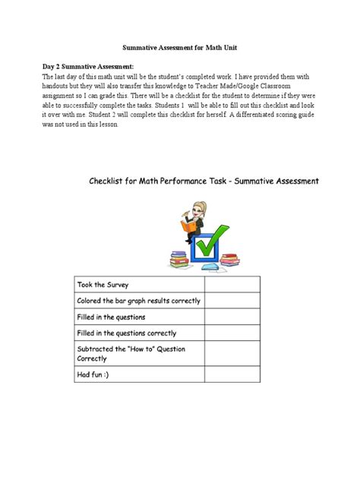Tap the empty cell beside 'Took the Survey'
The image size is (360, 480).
pyautogui.click(x=232, y=285)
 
